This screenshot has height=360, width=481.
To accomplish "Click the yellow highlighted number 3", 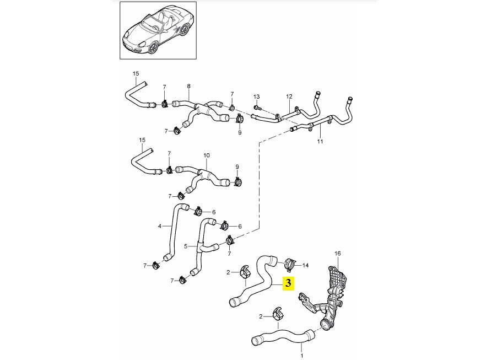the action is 288,283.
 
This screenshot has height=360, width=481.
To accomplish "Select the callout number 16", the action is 337,254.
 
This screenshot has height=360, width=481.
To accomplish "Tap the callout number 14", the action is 306,266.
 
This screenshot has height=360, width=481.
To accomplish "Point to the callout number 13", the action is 257,96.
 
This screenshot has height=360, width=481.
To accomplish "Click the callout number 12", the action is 289,96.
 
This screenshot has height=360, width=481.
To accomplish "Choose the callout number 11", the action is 320,142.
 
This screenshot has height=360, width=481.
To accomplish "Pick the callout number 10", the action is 207,155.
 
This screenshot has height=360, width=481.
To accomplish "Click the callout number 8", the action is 188,86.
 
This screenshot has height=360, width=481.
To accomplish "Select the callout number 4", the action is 160,226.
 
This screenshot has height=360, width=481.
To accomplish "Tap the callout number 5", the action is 186,246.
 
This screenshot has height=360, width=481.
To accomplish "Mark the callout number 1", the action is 302,356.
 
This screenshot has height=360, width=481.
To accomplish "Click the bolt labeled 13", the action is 257,108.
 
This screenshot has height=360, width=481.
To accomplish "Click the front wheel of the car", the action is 153,47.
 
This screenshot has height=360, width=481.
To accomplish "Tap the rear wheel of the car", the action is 184,30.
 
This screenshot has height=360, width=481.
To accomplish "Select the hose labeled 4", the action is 172,233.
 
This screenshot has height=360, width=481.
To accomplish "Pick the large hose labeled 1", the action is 282,336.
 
